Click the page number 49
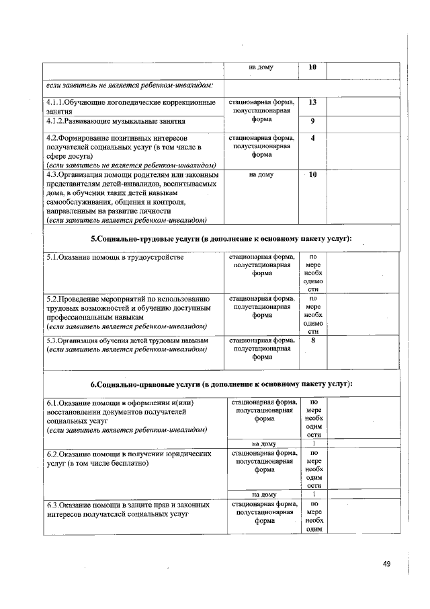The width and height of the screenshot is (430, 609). click(386, 563)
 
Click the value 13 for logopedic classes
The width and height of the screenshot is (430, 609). click(312, 103)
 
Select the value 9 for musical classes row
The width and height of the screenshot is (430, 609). click(312, 122)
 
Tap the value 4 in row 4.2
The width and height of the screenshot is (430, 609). click(312, 139)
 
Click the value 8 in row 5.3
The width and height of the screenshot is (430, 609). click(313, 341)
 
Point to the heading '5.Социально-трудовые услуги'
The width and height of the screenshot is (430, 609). click(221, 239)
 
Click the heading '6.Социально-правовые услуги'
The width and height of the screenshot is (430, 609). click(221, 384)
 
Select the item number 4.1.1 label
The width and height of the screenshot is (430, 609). click(55, 103)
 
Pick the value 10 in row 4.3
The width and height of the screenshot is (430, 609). click(312, 174)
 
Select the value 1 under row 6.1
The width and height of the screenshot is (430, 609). click(313, 443)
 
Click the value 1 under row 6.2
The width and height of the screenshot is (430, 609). click(313, 495)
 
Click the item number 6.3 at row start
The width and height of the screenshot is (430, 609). click(52, 504)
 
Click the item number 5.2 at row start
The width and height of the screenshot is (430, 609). click(52, 298)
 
